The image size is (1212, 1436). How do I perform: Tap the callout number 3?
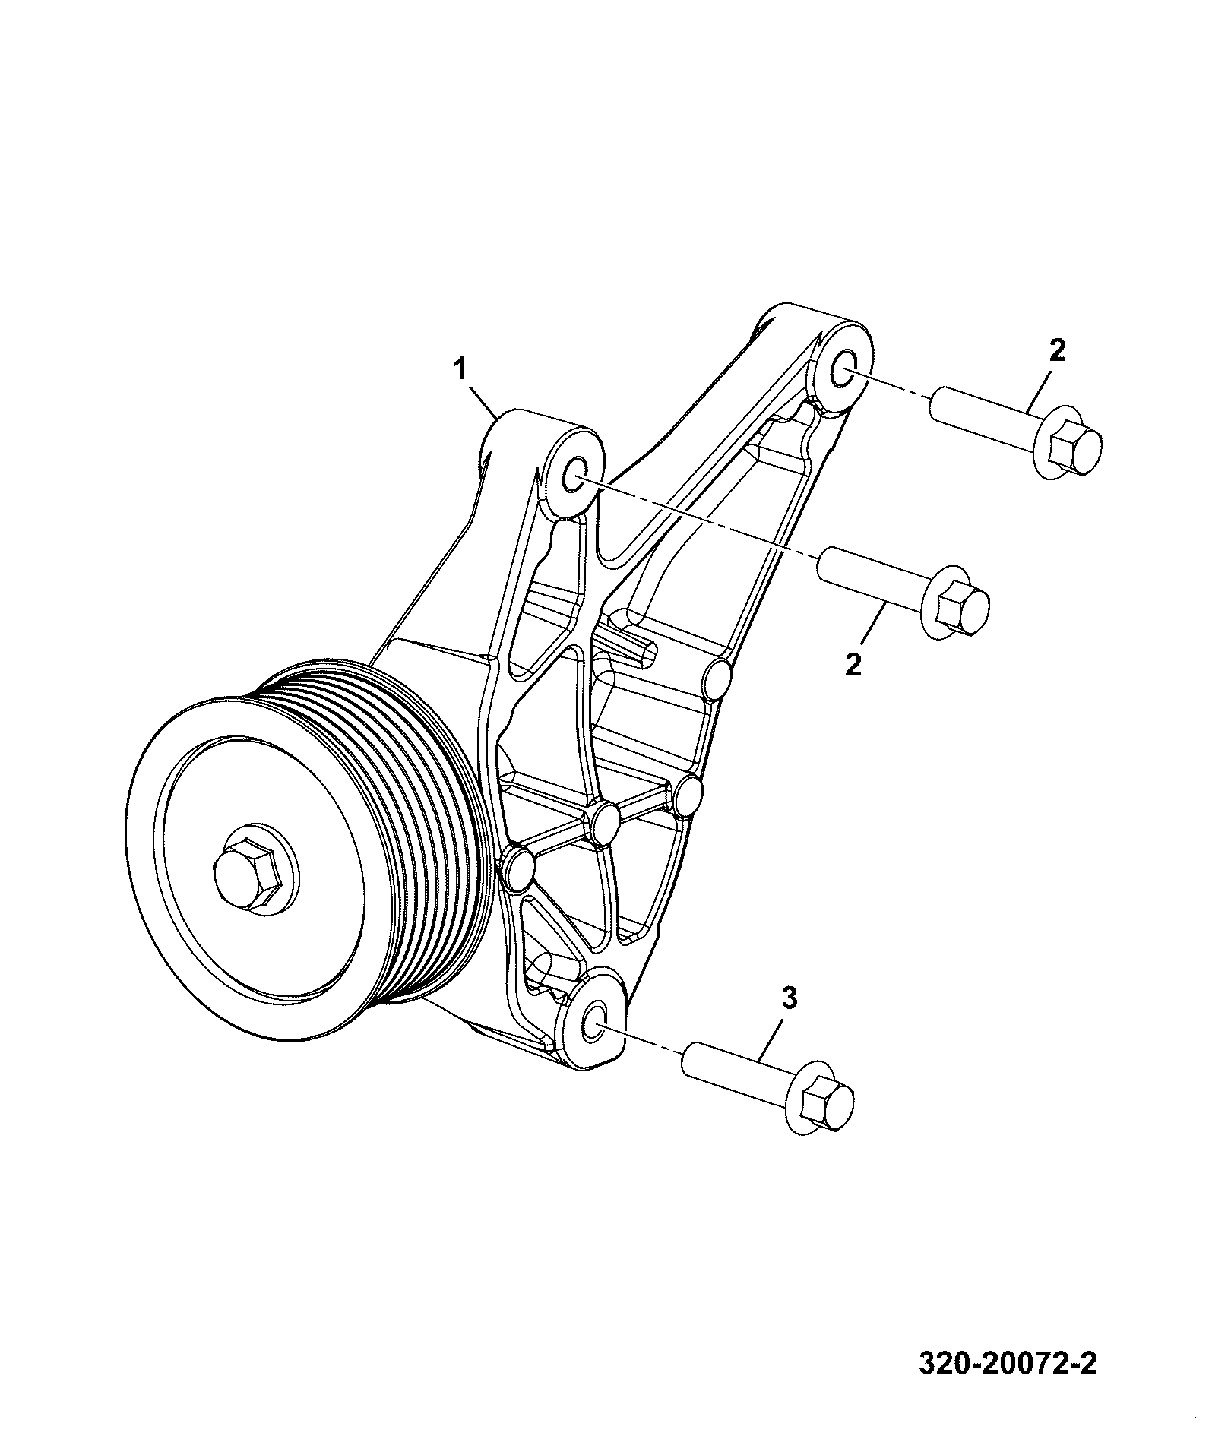click(790, 998)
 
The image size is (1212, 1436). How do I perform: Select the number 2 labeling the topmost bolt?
click(1057, 350)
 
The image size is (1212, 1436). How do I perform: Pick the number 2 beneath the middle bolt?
click(853, 665)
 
